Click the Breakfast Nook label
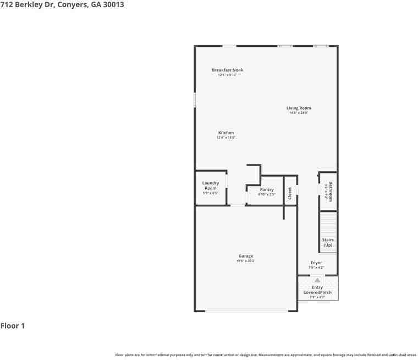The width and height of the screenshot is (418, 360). (x=227, y=70)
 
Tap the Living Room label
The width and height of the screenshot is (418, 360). (x=299, y=108)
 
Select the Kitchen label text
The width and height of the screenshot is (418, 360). (x=226, y=133)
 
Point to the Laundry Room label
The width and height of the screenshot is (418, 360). (x=211, y=186)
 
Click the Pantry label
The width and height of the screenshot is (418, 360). (x=267, y=189)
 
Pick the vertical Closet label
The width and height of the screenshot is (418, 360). (x=290, y=193)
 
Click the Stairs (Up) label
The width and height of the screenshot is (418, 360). (x=328, y=242)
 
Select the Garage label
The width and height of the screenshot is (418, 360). (x=246, y=256)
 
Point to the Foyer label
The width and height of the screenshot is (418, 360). (x=316, y=263)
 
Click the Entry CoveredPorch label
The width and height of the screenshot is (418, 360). (x=317, y=290)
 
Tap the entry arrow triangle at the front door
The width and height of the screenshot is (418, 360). (x=317, y=280)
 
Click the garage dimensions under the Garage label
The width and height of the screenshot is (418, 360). (x=246, y=261)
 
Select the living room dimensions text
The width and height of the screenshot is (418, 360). (x=299, y=113)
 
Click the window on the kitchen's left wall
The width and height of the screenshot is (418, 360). (x=195, y=99)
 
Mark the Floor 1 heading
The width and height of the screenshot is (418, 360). (x=13, y=326)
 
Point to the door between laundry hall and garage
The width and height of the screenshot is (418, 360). (x=238, y=205)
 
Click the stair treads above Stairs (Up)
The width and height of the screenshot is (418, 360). (x=328, y=224)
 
